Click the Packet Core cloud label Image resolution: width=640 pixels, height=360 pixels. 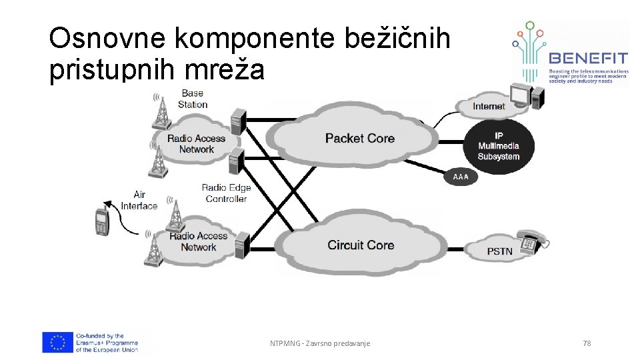pos(359,138)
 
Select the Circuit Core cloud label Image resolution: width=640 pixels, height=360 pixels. pos(361,245)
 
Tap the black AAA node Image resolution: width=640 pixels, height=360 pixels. pos(461,177)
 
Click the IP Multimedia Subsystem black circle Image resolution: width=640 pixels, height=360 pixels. pos(498,146)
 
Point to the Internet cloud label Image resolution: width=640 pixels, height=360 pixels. pos(489,106)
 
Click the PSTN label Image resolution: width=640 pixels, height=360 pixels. pos(499,251)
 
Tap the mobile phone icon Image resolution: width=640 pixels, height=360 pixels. pos(101,221)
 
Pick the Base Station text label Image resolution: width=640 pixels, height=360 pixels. pos(193,99)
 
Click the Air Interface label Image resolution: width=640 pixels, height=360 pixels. pos(139,200)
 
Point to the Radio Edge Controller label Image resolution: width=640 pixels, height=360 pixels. pos(226,193)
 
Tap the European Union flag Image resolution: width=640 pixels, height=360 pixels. pos(57,342)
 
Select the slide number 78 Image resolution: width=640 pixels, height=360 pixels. pos(587,343)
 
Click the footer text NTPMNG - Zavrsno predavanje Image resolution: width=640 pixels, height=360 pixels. pos(320,343)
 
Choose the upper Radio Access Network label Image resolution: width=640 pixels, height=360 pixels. pos(196,143)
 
